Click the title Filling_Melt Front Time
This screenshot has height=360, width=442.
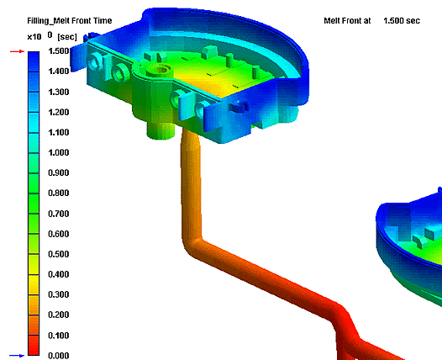[x=70, y=20]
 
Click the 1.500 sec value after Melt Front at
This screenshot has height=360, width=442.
[x=402, y=20]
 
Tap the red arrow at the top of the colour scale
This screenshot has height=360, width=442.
[x=17, y=51]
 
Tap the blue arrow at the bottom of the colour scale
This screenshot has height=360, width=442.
[x=17, y=356]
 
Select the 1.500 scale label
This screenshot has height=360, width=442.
[x=59, y=51]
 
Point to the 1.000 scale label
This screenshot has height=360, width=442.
[x=59, y=152]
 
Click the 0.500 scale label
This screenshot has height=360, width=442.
[x=59, y=254]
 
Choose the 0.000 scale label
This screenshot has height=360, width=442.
[x=59, y=356]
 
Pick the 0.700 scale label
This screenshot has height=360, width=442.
[x=59, y=214]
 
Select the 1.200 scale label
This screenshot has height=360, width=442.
[x=59, y=112]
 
